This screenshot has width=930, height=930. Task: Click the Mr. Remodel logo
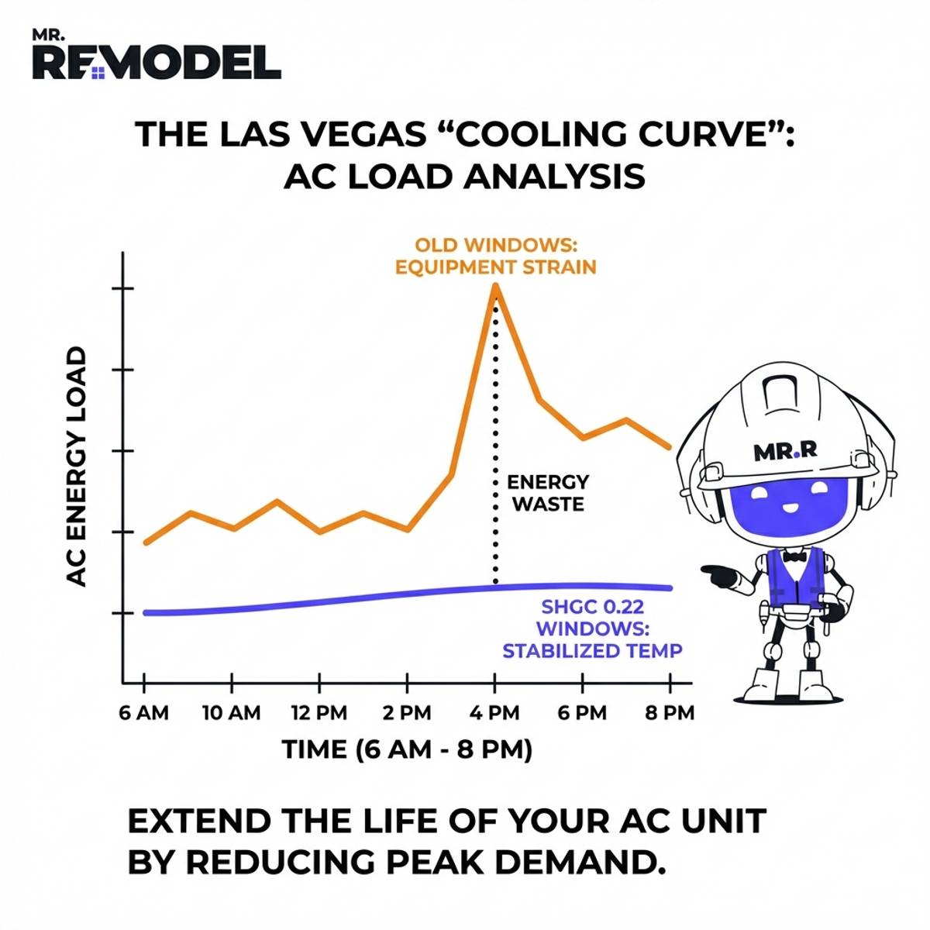(x=156, y=58)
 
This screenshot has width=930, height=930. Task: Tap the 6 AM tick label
(x=144, y=713)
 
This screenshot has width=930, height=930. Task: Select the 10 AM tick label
(x=232, y=713)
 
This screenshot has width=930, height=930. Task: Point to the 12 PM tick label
(x=319, y=713)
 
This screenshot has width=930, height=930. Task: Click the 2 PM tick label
(x=406, y=713)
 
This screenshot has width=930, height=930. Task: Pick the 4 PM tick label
(x=494, y=713)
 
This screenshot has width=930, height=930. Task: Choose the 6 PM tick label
(x=582, y=713)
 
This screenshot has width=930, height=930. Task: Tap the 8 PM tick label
(x=670, y=713)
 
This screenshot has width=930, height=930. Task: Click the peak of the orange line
(x=495, y=287)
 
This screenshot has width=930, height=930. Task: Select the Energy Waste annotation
(x=548, y=493)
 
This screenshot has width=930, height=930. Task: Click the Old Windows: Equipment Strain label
(x=496, y=257)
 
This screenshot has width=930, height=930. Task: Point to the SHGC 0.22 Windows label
(x=592, y=629)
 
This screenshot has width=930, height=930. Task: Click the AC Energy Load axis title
(x=76, y=466)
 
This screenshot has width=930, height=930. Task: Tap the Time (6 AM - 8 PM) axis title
(x=406, y=749)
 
